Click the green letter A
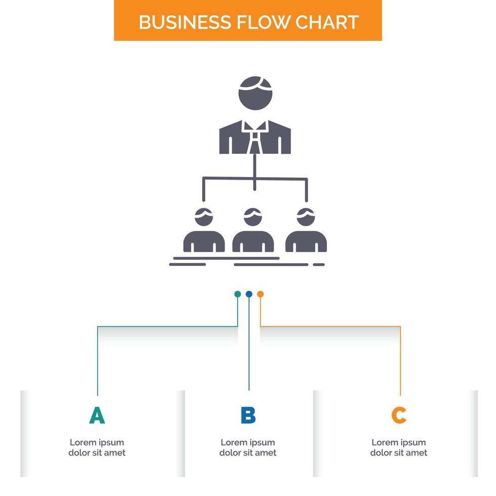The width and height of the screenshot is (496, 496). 97,415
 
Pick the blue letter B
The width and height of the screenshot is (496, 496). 248,415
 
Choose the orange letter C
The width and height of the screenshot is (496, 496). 399,415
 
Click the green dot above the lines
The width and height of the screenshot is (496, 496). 237,294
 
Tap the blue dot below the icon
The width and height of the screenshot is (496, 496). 249,294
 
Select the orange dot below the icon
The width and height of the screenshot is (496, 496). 260,294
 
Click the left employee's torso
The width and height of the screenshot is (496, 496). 204,241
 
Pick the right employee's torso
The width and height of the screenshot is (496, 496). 306,241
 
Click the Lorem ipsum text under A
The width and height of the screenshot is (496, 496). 97,447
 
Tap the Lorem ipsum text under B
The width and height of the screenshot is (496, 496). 248,447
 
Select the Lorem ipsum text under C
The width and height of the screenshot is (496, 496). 399,447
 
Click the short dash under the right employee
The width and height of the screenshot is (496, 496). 319,264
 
